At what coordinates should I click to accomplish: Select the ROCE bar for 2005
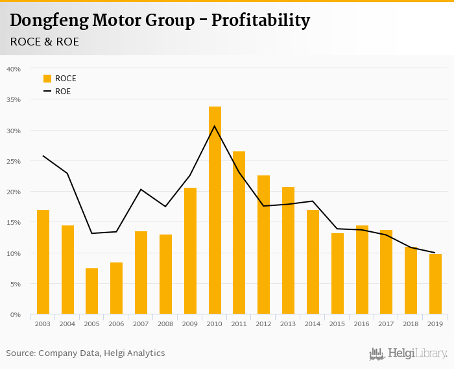[92, 291]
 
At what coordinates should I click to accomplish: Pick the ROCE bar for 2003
[43, 262]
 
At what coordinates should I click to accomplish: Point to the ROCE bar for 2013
[288, 251]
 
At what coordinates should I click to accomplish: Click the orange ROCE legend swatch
[47, 79]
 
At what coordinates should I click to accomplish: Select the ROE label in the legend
[63, 92]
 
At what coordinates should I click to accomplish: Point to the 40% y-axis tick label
[14, 69]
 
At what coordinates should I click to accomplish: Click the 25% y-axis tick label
[14, 161]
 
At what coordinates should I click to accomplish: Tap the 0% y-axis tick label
[16, 315]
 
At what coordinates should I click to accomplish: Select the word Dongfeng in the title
[47, 21]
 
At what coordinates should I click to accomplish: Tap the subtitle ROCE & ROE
[44, 42]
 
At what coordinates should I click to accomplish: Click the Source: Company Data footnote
[86, 353]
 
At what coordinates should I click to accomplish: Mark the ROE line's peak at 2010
[215, 126]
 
